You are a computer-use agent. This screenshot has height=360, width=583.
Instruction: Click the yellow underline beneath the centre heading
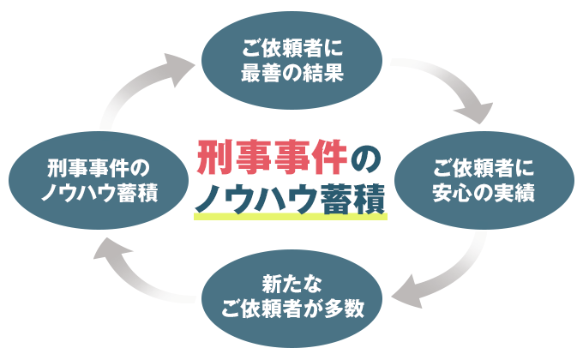pos(291,218)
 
